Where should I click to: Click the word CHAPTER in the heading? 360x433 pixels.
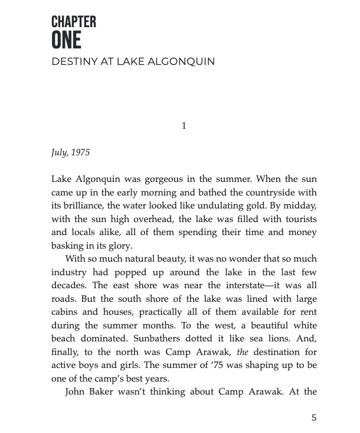point(74,22)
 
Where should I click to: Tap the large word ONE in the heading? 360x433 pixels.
point(66,41)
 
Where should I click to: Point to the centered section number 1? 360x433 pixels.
point(184,125)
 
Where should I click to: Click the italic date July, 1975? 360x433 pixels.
point(70,152)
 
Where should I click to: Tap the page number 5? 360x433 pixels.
point(314,418)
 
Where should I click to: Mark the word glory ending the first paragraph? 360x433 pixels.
point(120,246)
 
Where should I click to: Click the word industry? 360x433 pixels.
point(70,272)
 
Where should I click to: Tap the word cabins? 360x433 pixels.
point(64,312)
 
